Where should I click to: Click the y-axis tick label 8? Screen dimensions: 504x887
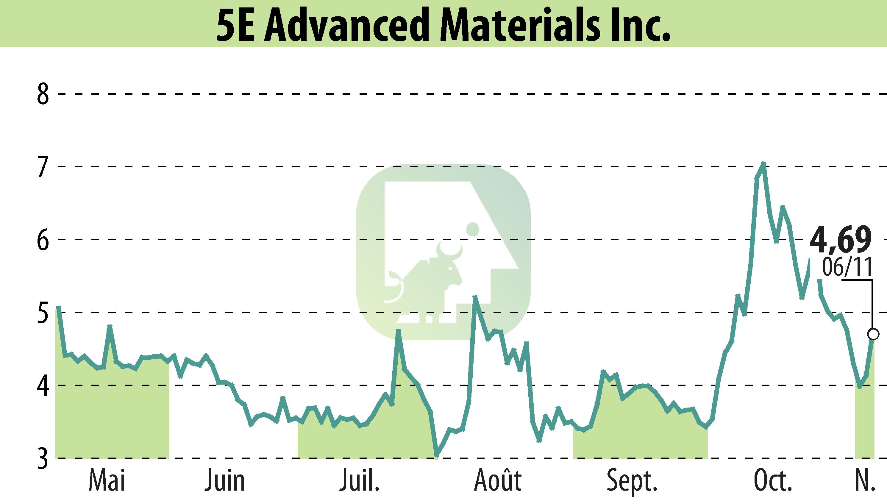[43, 94]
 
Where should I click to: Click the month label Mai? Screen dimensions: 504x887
[107, 481]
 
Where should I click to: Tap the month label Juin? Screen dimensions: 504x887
[225, 481]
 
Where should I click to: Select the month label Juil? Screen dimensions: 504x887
[360, 481]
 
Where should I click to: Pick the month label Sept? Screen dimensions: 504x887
[632, 481]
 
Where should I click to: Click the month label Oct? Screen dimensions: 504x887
[773, 481]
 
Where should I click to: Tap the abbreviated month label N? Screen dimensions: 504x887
[866, 481]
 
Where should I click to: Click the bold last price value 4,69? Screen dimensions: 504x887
[840, 240]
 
